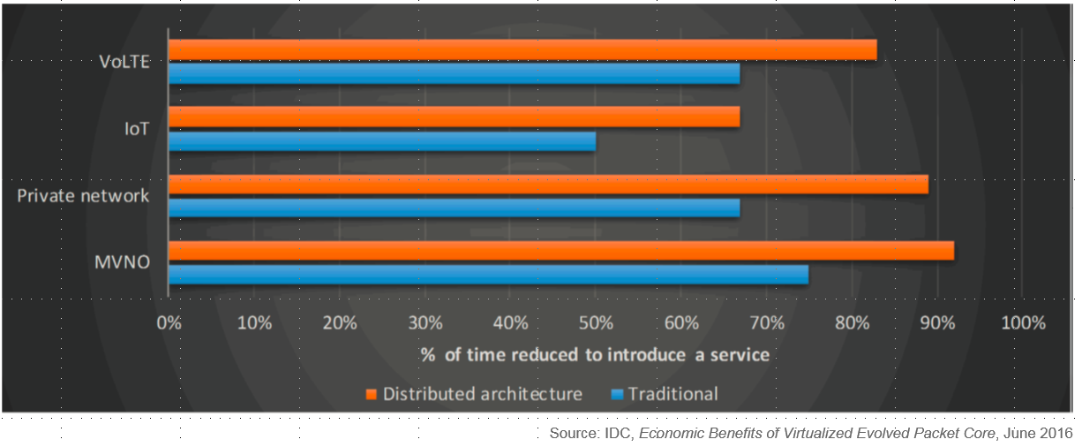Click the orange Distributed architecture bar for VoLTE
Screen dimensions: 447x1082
[x=522, y=49]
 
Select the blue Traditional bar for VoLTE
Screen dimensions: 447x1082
[x=454, y=74]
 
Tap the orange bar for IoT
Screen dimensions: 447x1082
[x=454, y=117]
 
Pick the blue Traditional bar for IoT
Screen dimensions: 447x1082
[x=381, y=141]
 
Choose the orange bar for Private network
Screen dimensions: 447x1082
[x=547, y=184]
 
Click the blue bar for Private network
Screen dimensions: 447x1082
[x=454, y=208]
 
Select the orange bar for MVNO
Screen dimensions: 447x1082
[x=560, y=251]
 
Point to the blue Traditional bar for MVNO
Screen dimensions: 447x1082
[x=488, y=275]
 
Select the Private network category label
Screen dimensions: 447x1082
[x=84, y=195]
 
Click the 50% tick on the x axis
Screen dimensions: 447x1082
[x=596, y=322]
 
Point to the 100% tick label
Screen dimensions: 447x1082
[x=1023, y=322]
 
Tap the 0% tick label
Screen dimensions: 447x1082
[x=169, y=322]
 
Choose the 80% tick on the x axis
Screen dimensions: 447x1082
[x=852, y=322]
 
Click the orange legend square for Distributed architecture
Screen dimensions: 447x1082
[x=372, y=394]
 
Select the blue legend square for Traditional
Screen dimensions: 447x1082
[x=617, y=394]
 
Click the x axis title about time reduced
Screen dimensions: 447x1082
[x=595, y=355]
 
